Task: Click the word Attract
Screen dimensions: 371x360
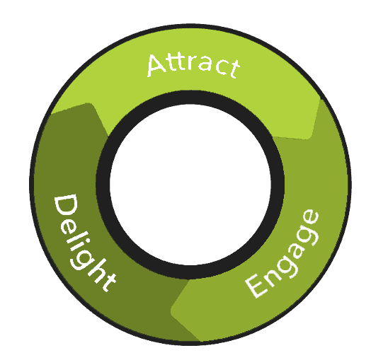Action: coord(193,66)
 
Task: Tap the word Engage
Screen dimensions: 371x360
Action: coord(282,253)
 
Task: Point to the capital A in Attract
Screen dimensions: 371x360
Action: coord(156,66)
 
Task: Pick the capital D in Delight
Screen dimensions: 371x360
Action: coord(66,205)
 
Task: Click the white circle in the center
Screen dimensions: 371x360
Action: coord(190,185)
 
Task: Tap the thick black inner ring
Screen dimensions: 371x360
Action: coord(190,97)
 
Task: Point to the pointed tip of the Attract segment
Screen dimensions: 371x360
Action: coord(307,138)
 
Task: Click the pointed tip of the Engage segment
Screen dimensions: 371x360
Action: coord(172,310)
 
